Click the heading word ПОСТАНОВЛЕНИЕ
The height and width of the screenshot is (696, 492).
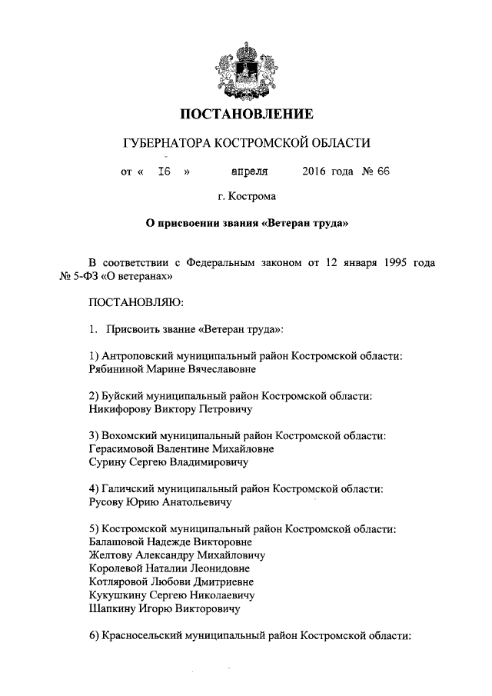pos(246,115)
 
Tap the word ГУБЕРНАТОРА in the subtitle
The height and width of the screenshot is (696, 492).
pos(166,143)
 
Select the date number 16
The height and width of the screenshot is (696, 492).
pos(164,172)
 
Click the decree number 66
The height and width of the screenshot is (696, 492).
pos(384,172)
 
